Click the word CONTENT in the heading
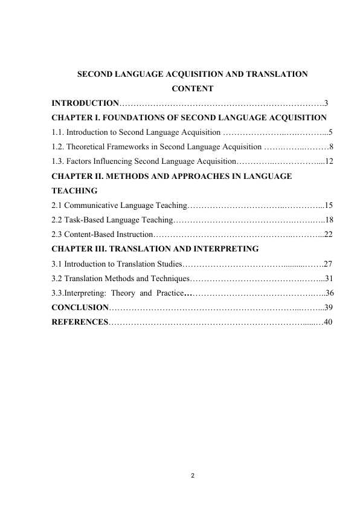coord(193,89)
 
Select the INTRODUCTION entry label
coord(85,103)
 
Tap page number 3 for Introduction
coord(326,103)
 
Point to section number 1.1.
coord(58,132)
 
